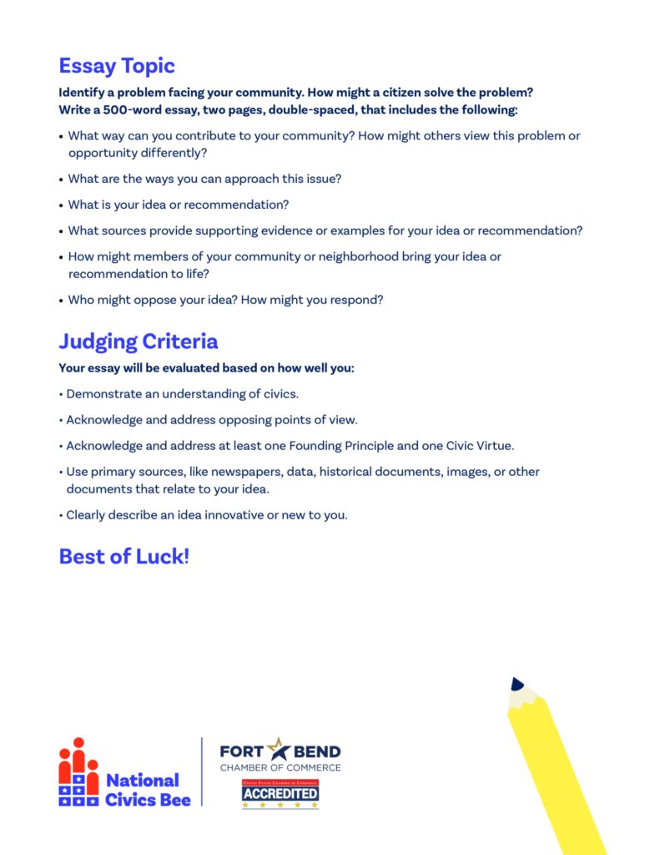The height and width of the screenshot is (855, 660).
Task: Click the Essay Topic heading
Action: pyautogui.click(x=117, y=66)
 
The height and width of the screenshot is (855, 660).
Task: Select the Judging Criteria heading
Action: pyautogui.click(x=139, y=341)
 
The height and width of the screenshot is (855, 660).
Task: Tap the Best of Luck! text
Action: pyautogui.click(x=124, y=556)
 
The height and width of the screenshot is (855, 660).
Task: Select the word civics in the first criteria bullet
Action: pyautogui.click(x=276, y=394)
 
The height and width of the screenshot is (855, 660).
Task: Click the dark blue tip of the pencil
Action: pyautogui.click(x=516, y=684)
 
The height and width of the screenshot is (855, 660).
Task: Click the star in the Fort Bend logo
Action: pyautogui.click(x=278, y=749)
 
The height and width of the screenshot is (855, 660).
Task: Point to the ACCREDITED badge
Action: pyautogui.click(x=280, y=793)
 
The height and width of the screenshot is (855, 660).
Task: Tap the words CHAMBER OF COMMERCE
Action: pyautogui.click(x=280, y=767)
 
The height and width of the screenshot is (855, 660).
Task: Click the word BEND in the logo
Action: pyautogui.click(x=316, y=751)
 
